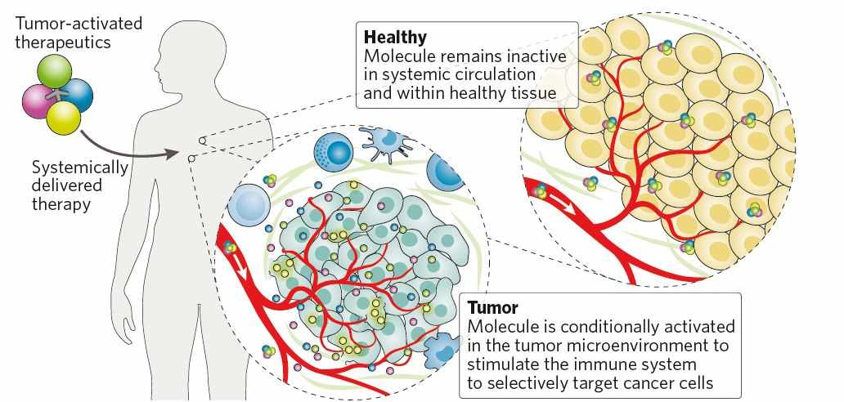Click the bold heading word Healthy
(396, 37)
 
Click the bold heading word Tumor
(493, 308)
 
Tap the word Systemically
(79, 167)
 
